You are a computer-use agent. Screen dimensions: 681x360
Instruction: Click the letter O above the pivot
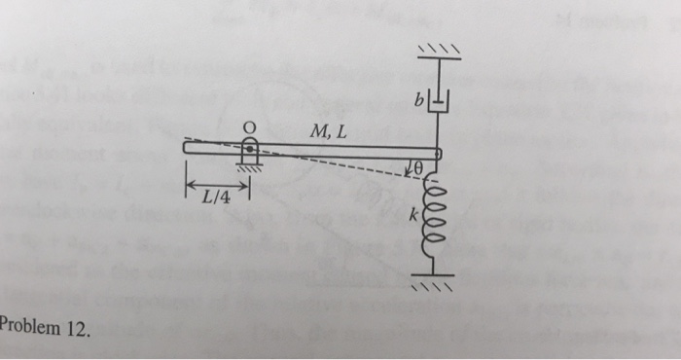[x=249, y=126]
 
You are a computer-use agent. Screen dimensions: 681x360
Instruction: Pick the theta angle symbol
[x=420, y=168]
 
